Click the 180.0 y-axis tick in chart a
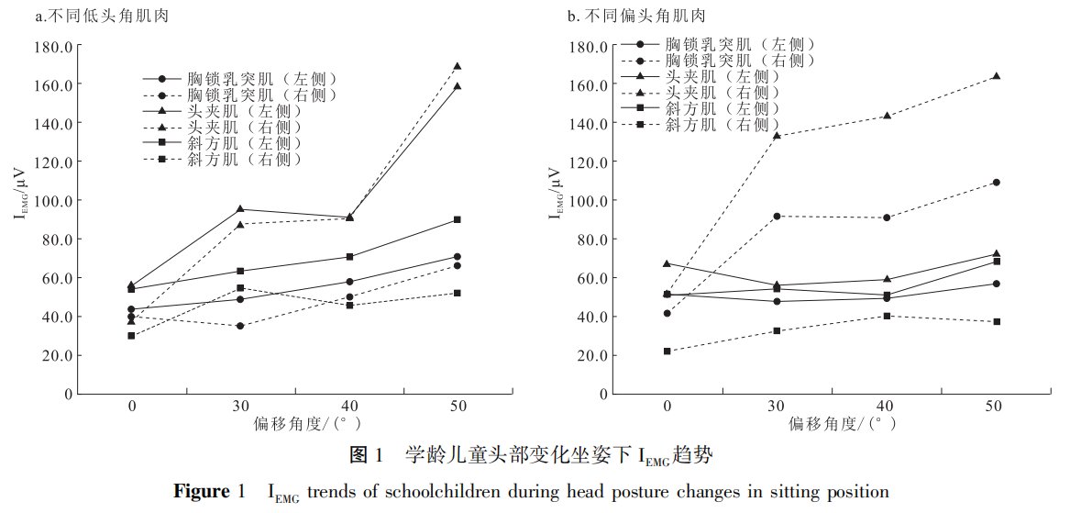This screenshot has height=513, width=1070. (x=54, y=46)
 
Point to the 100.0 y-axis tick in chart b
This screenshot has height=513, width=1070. (x=589, y=200)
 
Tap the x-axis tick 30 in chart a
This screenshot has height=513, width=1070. (x=241, y=406)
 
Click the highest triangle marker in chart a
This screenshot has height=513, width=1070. (x=457, y=66)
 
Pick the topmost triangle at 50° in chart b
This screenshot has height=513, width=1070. (x=996, y=76)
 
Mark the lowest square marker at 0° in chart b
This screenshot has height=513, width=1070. (x=667, y=351)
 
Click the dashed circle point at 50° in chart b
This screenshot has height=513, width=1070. (x=996, y=183)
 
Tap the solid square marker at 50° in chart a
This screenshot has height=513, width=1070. (x=457, y=219)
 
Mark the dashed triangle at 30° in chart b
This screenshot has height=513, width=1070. (x=777, y=135)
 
